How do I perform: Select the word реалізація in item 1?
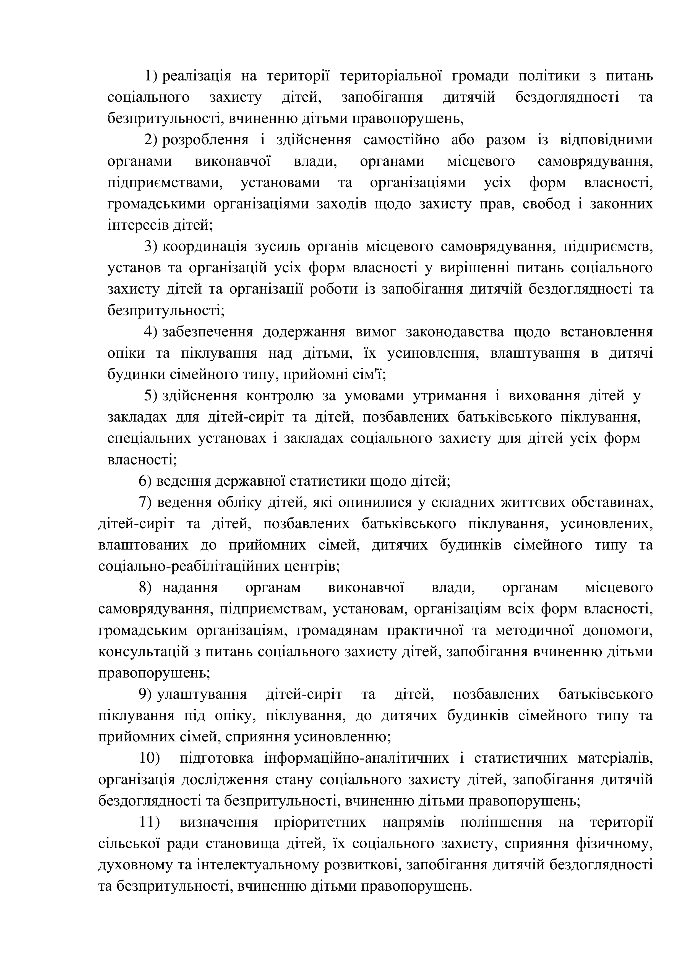197,77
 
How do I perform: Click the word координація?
205,247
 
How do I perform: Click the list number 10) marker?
149,758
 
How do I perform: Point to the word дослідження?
225,780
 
